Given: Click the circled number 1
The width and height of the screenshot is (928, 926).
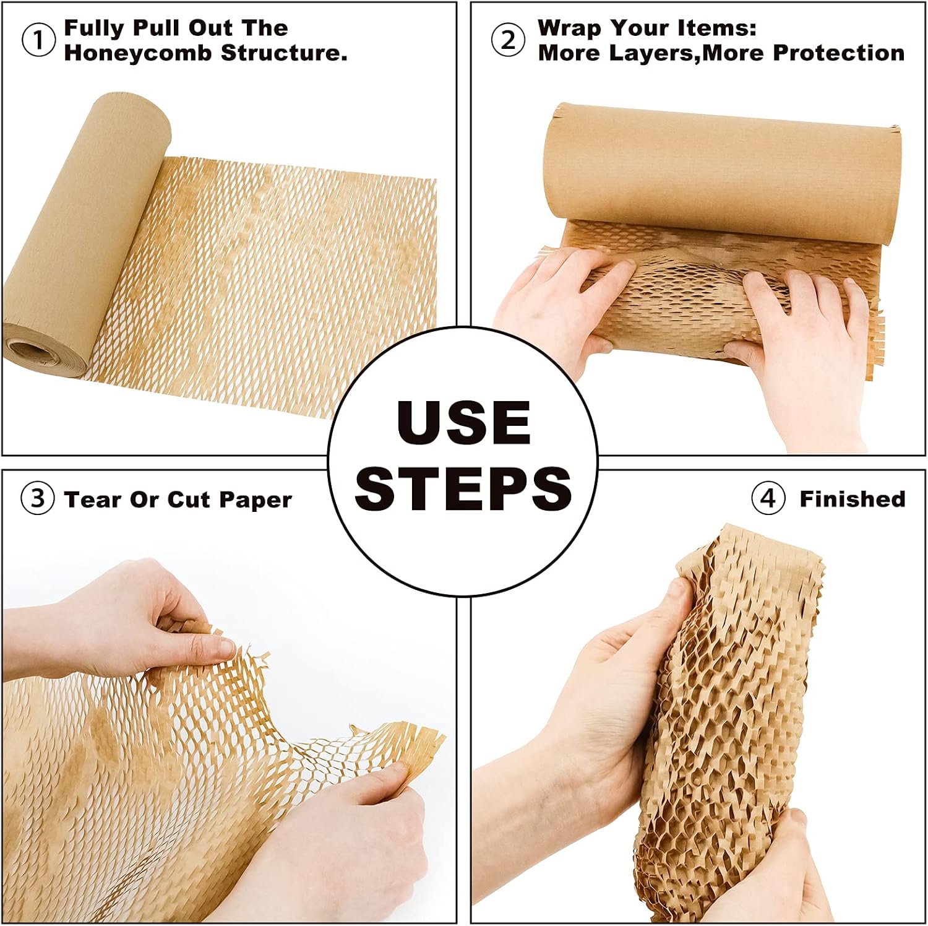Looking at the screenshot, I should tap(38, 41).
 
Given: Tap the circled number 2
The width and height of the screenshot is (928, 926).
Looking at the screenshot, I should tap(508, 40).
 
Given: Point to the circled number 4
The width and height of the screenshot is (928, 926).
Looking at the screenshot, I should tap(768, 498).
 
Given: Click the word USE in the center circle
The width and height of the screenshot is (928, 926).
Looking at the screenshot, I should tap(463, 423).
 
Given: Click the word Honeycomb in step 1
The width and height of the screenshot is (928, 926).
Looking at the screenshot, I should tap(139, 53).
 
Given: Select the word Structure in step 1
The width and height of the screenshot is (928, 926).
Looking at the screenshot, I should tap(283, 53).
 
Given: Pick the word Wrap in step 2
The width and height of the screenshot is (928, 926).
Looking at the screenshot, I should tap(569, 28).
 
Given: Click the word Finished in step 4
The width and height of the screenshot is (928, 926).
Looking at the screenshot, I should tap(852, 499).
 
